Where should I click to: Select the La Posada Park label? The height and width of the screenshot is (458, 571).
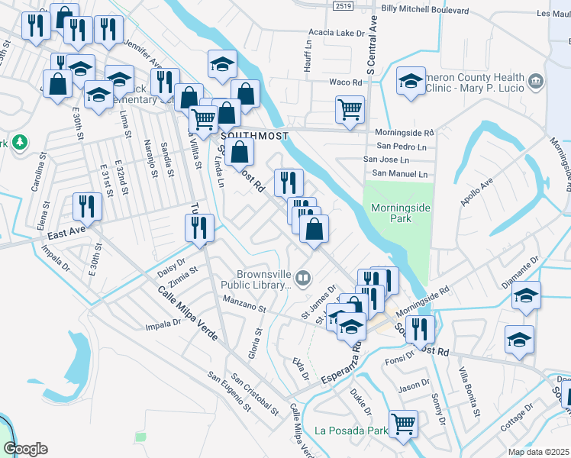[350, 431]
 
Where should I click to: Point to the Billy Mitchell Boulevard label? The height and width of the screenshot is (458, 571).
[424, 10]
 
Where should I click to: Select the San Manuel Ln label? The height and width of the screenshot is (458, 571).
[395, 174]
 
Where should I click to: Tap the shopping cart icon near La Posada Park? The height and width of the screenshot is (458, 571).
[403, 423]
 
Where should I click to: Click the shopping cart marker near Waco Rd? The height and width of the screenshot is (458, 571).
[350, 108]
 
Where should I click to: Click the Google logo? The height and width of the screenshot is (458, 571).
[25, 449]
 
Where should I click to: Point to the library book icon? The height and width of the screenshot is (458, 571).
[304, 279]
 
